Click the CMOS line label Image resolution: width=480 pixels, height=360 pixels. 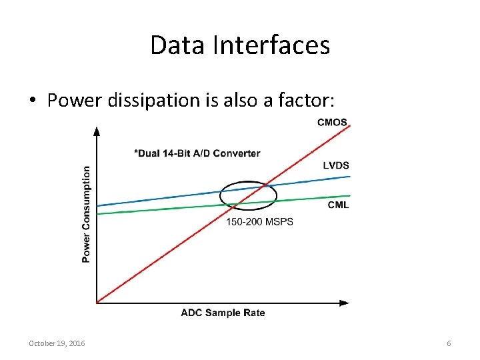click(331, 122)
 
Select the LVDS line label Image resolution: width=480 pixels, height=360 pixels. click(336, 165)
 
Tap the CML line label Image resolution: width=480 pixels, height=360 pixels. click(338, 205)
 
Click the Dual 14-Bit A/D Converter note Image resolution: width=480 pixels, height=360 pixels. click(197, 153)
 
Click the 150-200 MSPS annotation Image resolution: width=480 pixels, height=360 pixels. click(260, 222)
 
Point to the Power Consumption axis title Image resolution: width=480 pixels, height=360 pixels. click(86, 214)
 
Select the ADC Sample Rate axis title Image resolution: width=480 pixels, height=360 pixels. click(223, 313)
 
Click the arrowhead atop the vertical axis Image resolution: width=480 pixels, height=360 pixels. click(97, 130)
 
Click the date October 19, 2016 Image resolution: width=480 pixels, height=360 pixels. click(57, 343)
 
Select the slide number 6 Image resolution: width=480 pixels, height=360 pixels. click(449, 343)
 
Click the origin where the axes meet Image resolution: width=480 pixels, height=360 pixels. click(97, 303)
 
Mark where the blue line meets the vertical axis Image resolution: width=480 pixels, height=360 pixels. click(98, 205)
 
